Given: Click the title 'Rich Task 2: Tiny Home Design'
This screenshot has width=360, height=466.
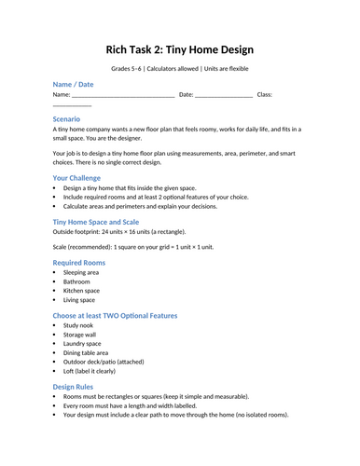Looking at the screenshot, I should (x=179, y=48).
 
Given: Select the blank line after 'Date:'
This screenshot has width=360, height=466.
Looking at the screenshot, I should (x=224, y=95).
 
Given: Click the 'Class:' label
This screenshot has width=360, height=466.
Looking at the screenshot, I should (x=264, y=94).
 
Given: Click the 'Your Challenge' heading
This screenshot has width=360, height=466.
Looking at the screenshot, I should (x=82, y=177).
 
